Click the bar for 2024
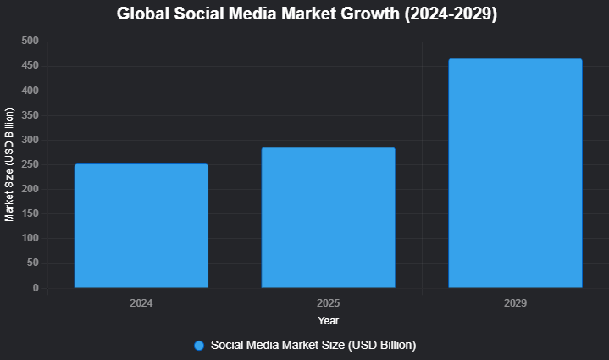[141, 226]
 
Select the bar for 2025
[328, 218]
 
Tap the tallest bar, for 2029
[515, 174]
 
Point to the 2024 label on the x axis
[141, 302]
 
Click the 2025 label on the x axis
[328, 302]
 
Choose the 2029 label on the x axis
[515, 302]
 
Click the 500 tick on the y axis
[30, 42]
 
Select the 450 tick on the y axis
[30, 66]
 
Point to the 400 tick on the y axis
[30, 91]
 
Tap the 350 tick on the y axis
[30, 115]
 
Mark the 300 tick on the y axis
[30, 140]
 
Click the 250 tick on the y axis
[30, 164]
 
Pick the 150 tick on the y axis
[30, 214]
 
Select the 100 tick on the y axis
[30, 239]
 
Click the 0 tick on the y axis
[36, 288]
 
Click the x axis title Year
[329, 321]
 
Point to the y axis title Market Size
[10, 165]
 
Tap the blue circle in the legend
[199, 345]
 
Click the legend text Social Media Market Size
[313, 345]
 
